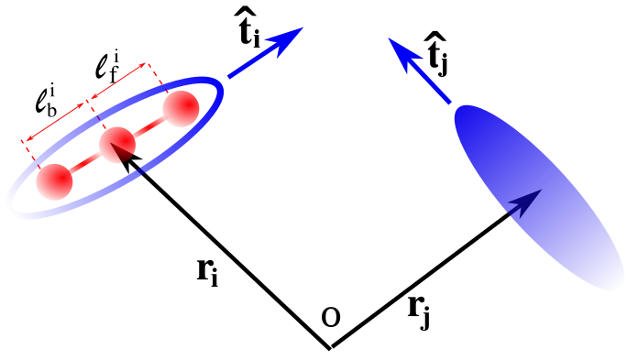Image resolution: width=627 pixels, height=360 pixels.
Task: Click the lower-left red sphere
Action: (x=54, y=182)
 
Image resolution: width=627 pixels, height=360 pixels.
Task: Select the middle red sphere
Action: (x=116, y=145)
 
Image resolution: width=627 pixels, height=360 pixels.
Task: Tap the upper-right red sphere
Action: (x=181, y=109)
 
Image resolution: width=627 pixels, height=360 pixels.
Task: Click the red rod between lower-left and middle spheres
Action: (x=85, y=164)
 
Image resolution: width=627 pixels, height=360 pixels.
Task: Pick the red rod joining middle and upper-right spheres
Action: (x=149, y=126)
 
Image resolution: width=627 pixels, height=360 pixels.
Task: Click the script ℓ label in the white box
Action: (x=40, y=101)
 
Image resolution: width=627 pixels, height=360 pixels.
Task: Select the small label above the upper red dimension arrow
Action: (x=116, y=56)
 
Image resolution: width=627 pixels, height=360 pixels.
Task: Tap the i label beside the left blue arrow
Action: (x=257, y=38)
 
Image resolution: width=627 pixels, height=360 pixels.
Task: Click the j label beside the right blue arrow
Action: (x=443, y=64)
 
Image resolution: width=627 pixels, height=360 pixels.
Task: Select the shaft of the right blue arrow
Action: (x=432, y=84)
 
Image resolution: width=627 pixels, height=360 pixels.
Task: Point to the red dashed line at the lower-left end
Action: (x=28, y=150)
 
